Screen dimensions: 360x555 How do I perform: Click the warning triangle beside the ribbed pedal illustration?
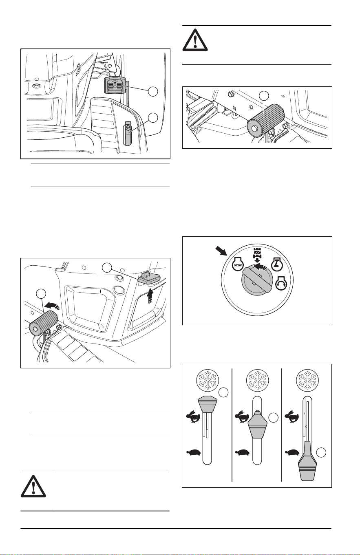coord(195,40)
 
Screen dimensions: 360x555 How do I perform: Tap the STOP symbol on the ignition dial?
coord(236,265)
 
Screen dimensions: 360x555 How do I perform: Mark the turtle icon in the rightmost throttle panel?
coord(293,452)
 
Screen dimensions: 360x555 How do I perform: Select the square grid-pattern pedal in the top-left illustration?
coord(114,85)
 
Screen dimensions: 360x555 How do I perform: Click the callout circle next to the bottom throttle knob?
coord(321,452)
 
